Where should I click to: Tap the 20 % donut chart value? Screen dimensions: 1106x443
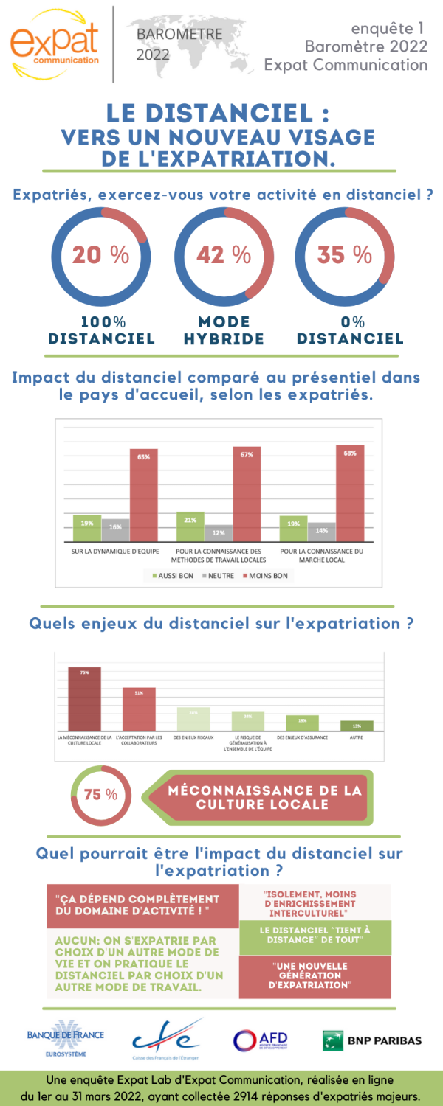point(100,255)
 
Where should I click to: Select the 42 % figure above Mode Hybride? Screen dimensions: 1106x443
point(224,255)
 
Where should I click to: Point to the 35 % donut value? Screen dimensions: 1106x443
point(345,255)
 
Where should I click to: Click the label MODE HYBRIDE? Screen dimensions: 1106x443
point(224,330)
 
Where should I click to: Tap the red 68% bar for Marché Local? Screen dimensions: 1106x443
point(349,494)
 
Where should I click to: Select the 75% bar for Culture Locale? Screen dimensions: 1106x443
point(84,699)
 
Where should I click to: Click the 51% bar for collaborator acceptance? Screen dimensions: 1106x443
point(139,709)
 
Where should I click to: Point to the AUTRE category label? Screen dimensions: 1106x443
point(357,737)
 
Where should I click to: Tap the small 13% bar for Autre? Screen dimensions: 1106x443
point(357,726)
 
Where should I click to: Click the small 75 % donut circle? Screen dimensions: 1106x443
point(101,795)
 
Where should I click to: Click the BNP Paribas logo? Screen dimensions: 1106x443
point(372,1040)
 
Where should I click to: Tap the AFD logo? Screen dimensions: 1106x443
point(260,1040)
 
